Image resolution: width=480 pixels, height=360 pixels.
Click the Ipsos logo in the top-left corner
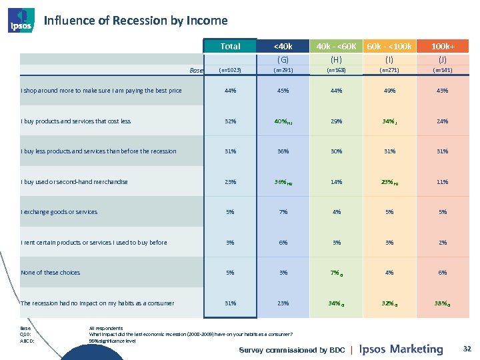tap(19, 20)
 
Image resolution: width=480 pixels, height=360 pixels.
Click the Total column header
tap(230, 47)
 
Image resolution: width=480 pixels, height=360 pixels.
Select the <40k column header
tap(283, 47)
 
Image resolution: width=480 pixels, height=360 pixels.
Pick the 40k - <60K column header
tap(336, 47)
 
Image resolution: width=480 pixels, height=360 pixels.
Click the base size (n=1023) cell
tap(230, 69)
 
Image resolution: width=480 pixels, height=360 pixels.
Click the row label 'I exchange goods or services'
tap(59, 212)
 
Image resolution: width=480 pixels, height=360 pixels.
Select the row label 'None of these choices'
tap(51, 273)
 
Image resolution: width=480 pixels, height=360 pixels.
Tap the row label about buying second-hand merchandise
tap(74, 182)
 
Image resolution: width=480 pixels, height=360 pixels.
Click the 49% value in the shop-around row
tap(389, 91)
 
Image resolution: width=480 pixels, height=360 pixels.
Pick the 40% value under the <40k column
tap(282, 121)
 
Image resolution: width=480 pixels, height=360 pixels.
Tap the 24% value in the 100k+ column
tap(443, 121)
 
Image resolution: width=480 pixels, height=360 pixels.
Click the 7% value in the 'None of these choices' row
tap(335, 273)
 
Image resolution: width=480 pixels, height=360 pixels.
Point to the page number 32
tap(467, 348)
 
